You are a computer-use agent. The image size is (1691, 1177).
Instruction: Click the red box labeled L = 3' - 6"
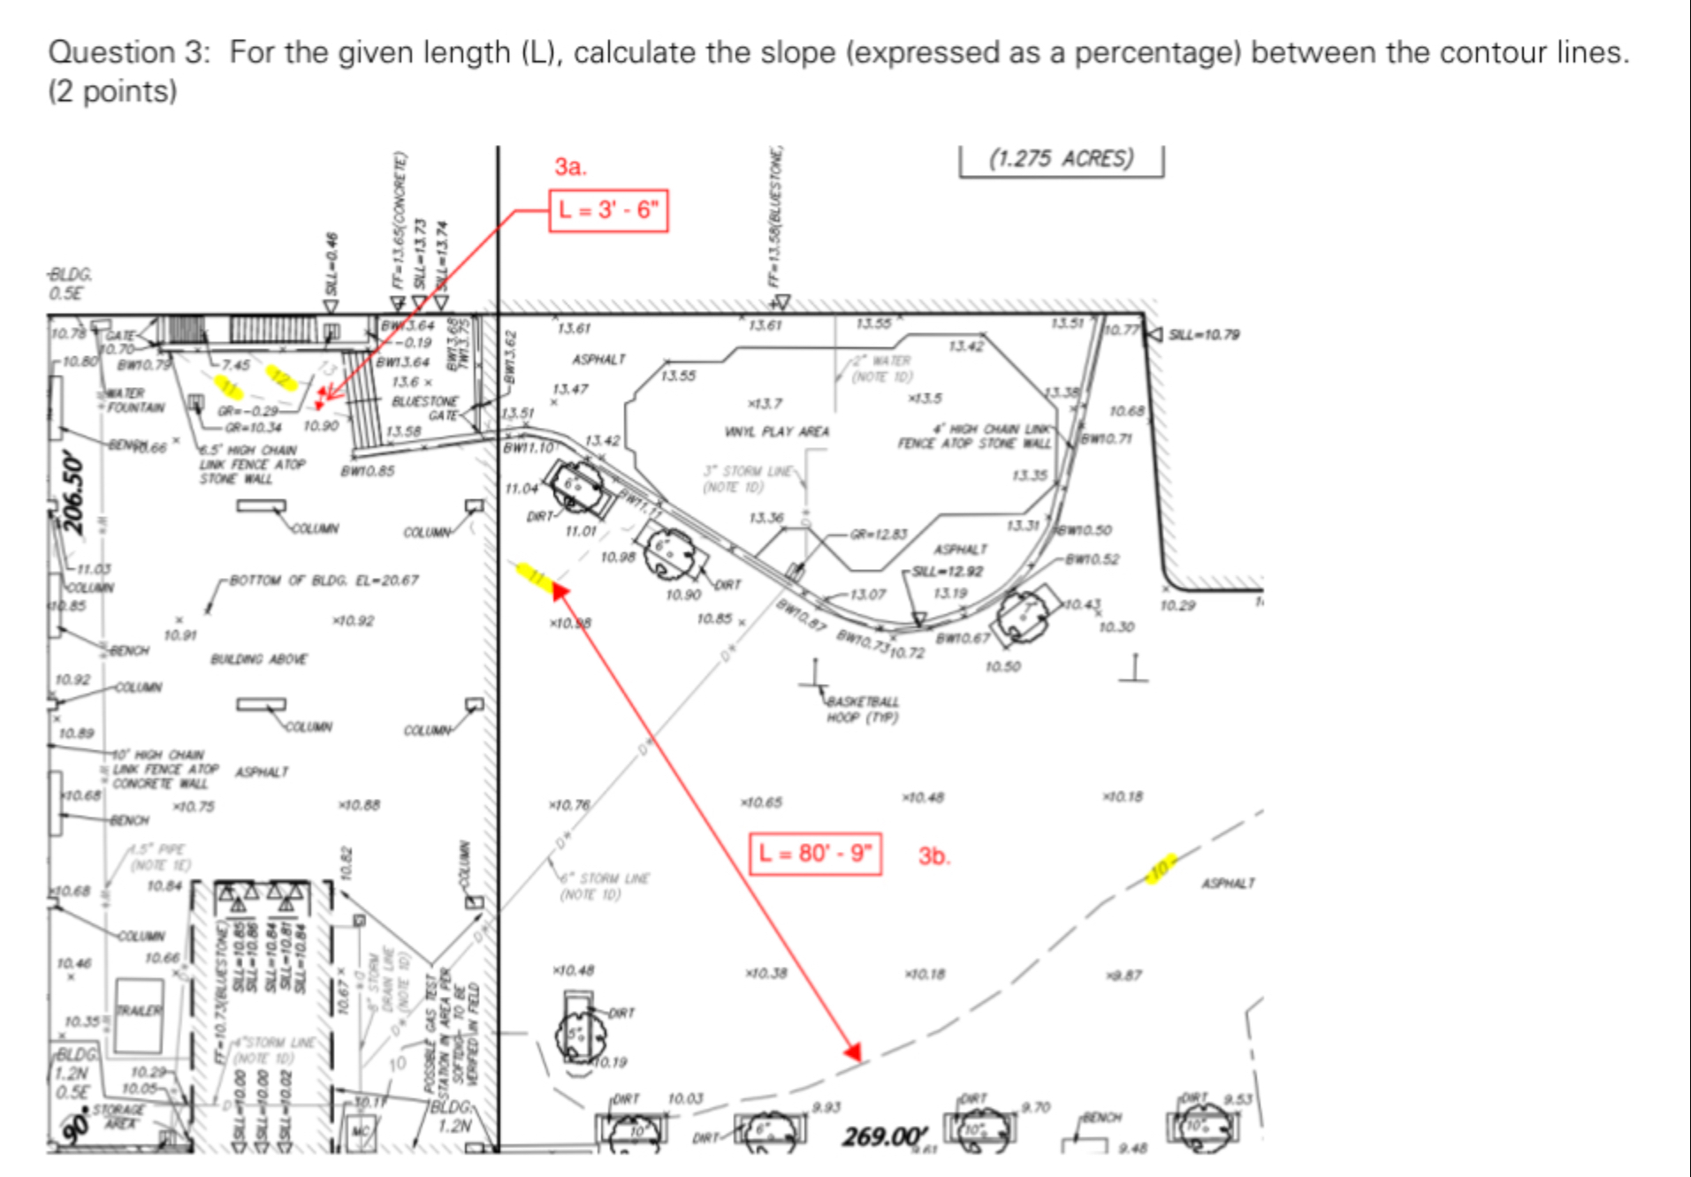608,210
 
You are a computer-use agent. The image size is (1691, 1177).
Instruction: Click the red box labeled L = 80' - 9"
815,853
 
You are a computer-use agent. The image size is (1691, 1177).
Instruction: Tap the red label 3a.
570,166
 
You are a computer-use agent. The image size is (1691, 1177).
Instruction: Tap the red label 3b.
933,855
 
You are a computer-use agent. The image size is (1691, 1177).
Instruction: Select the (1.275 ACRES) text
1061,159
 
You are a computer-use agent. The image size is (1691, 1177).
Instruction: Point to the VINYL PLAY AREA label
777,431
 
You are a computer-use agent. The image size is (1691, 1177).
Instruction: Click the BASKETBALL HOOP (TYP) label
863,710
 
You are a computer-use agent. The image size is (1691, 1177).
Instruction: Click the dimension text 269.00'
885,1136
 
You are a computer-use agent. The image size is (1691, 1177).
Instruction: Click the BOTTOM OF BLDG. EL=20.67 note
324,581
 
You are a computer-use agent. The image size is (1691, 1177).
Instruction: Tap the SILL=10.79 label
1204,334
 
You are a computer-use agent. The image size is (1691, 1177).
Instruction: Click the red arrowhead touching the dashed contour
852,1052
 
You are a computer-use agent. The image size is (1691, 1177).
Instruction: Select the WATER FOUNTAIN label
135,400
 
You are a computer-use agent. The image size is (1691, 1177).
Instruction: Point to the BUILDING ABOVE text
259,659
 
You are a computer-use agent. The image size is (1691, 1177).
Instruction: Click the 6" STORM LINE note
606,885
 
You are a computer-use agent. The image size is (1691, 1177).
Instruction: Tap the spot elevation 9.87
1125,976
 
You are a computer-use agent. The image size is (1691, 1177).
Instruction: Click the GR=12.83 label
879,534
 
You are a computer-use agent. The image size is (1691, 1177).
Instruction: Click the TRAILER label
140,1010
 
